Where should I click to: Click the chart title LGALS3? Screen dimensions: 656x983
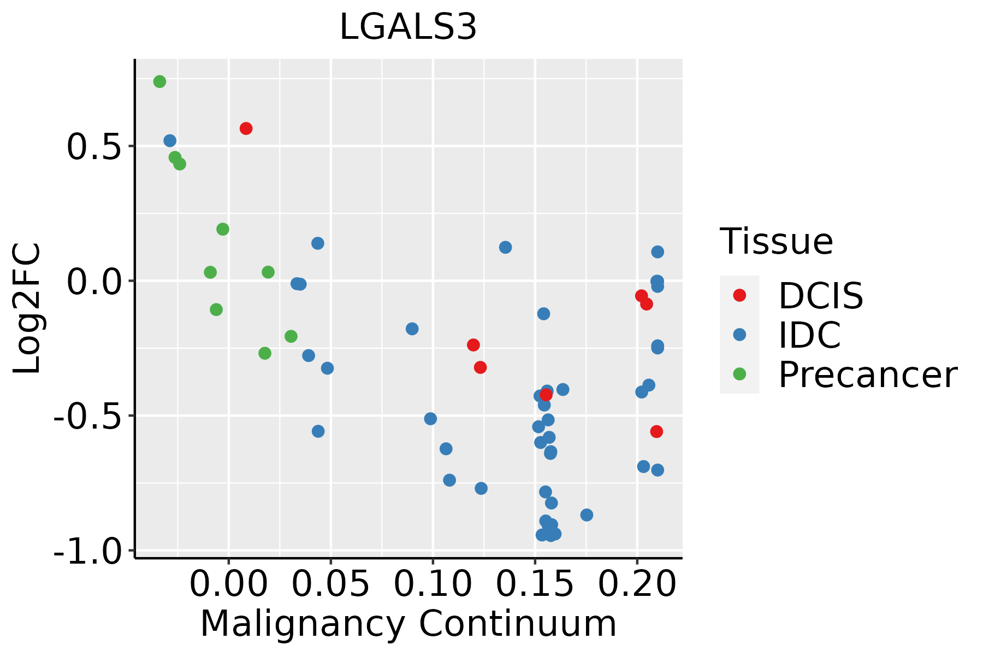[x=408, y=27]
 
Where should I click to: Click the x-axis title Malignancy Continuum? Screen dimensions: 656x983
[x=408, y=624]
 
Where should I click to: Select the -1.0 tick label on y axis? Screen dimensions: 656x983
[x=90, y=551]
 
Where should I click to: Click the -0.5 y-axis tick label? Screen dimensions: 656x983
[x=90, y=417]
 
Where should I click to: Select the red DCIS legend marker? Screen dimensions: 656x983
[x=739, y=295]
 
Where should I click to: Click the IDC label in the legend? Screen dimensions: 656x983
[x=809, y=335]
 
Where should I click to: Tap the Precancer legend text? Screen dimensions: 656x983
[x=867, y=375]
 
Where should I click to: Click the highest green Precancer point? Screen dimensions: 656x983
[x=159, y=81]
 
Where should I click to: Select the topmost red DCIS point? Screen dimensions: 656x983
[x=246, y=128]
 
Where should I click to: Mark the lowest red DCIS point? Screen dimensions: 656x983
[x=656, y=431]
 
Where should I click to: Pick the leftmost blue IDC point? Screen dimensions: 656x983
[x=170, y=140]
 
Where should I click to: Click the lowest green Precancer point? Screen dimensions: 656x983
[x=264, y=353]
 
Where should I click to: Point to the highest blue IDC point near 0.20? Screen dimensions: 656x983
[x=658, y=251]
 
